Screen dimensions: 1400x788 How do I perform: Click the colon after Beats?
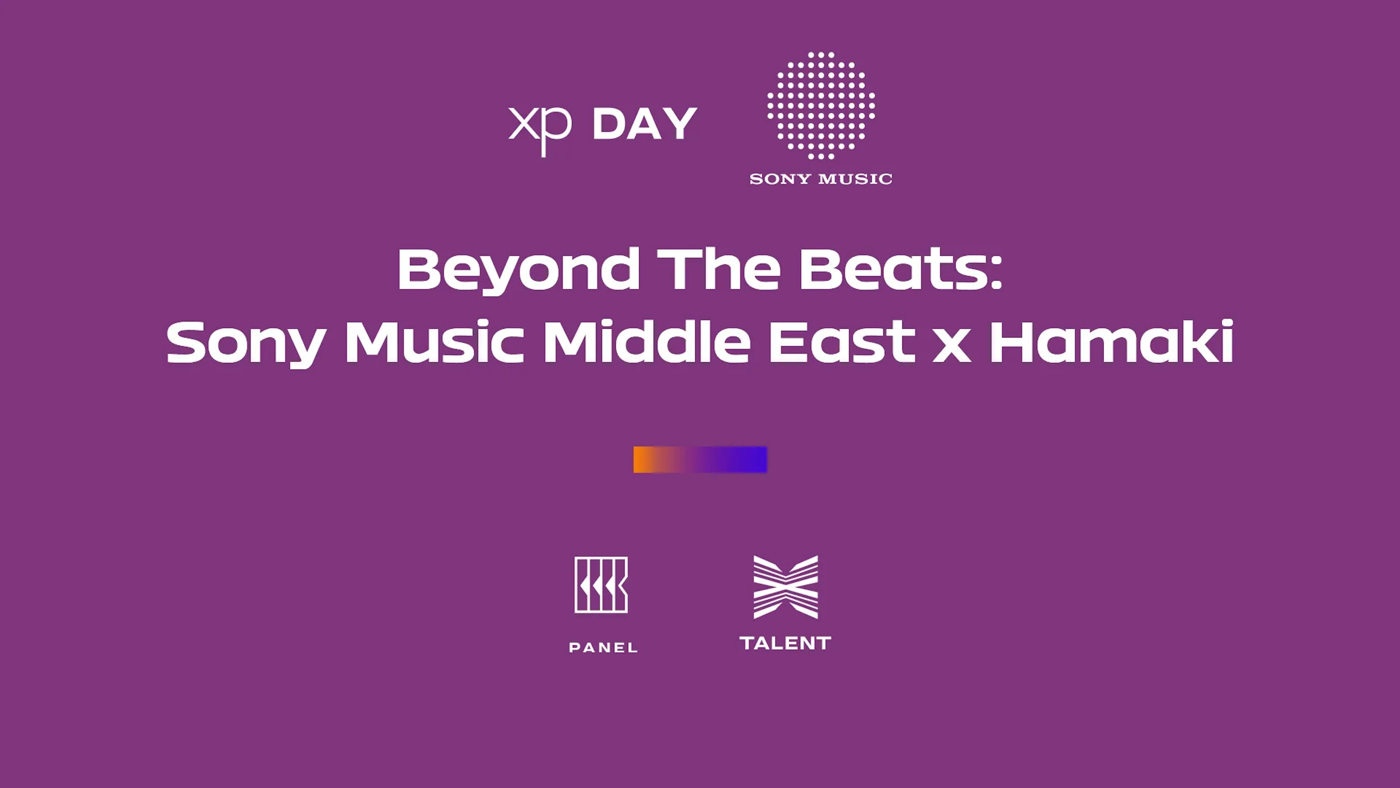click(995, 274)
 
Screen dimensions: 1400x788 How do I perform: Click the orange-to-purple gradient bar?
click(700, 460)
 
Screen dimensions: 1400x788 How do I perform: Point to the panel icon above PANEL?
click(601, 584)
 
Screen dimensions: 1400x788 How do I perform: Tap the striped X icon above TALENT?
click(785, 587)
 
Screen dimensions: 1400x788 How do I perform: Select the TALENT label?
click(785, 643)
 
